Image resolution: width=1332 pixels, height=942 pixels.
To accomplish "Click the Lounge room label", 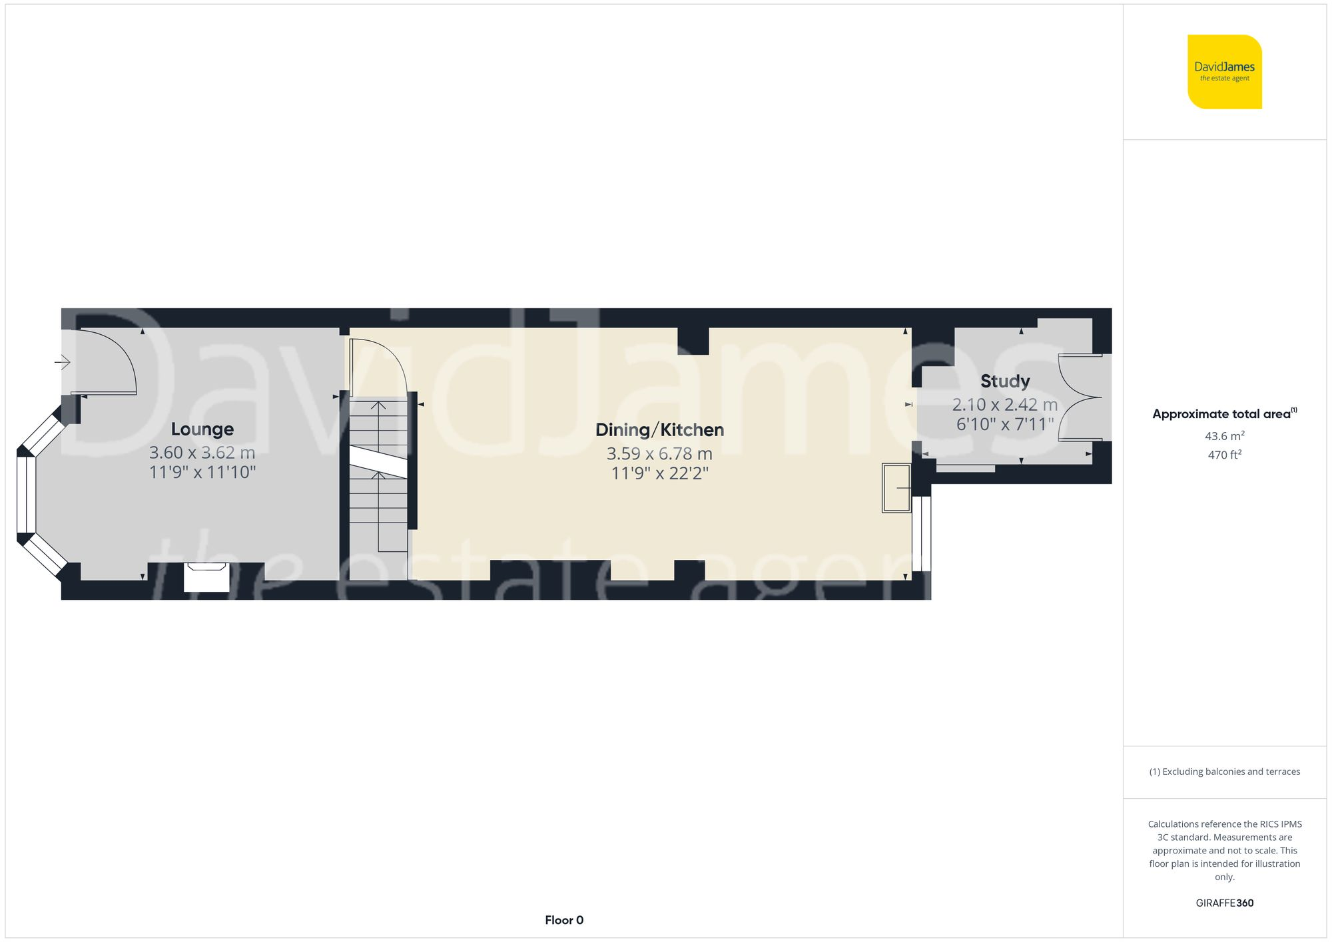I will (202, 429).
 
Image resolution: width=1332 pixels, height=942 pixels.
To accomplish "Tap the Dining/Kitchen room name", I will (659, 430).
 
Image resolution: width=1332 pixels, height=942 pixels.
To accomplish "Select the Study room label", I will (1005, 381).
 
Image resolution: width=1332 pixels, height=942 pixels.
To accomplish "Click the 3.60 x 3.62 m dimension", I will (202, 453).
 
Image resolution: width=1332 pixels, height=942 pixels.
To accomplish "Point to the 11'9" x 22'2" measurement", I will (659, 473).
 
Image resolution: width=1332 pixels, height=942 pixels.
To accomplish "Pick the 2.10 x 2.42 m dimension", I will (1004, 405).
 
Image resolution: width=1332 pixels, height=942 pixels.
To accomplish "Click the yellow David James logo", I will (1224, 72).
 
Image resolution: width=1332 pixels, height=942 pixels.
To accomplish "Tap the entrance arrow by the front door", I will (63, 362).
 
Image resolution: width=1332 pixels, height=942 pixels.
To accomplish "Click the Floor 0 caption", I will (564, 920).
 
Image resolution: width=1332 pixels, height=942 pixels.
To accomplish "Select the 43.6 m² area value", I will (1224, 436).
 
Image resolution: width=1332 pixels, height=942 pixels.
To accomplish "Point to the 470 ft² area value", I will (1224, 455).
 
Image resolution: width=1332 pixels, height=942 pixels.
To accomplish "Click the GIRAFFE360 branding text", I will (1224, 903).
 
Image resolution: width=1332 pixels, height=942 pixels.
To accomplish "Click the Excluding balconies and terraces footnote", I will (1224, 772).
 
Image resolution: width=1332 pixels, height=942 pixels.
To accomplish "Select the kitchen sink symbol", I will (896, 488).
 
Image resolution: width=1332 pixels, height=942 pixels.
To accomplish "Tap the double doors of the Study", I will (1082, 398).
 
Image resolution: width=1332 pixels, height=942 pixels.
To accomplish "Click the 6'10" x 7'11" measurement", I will (1005, 424).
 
